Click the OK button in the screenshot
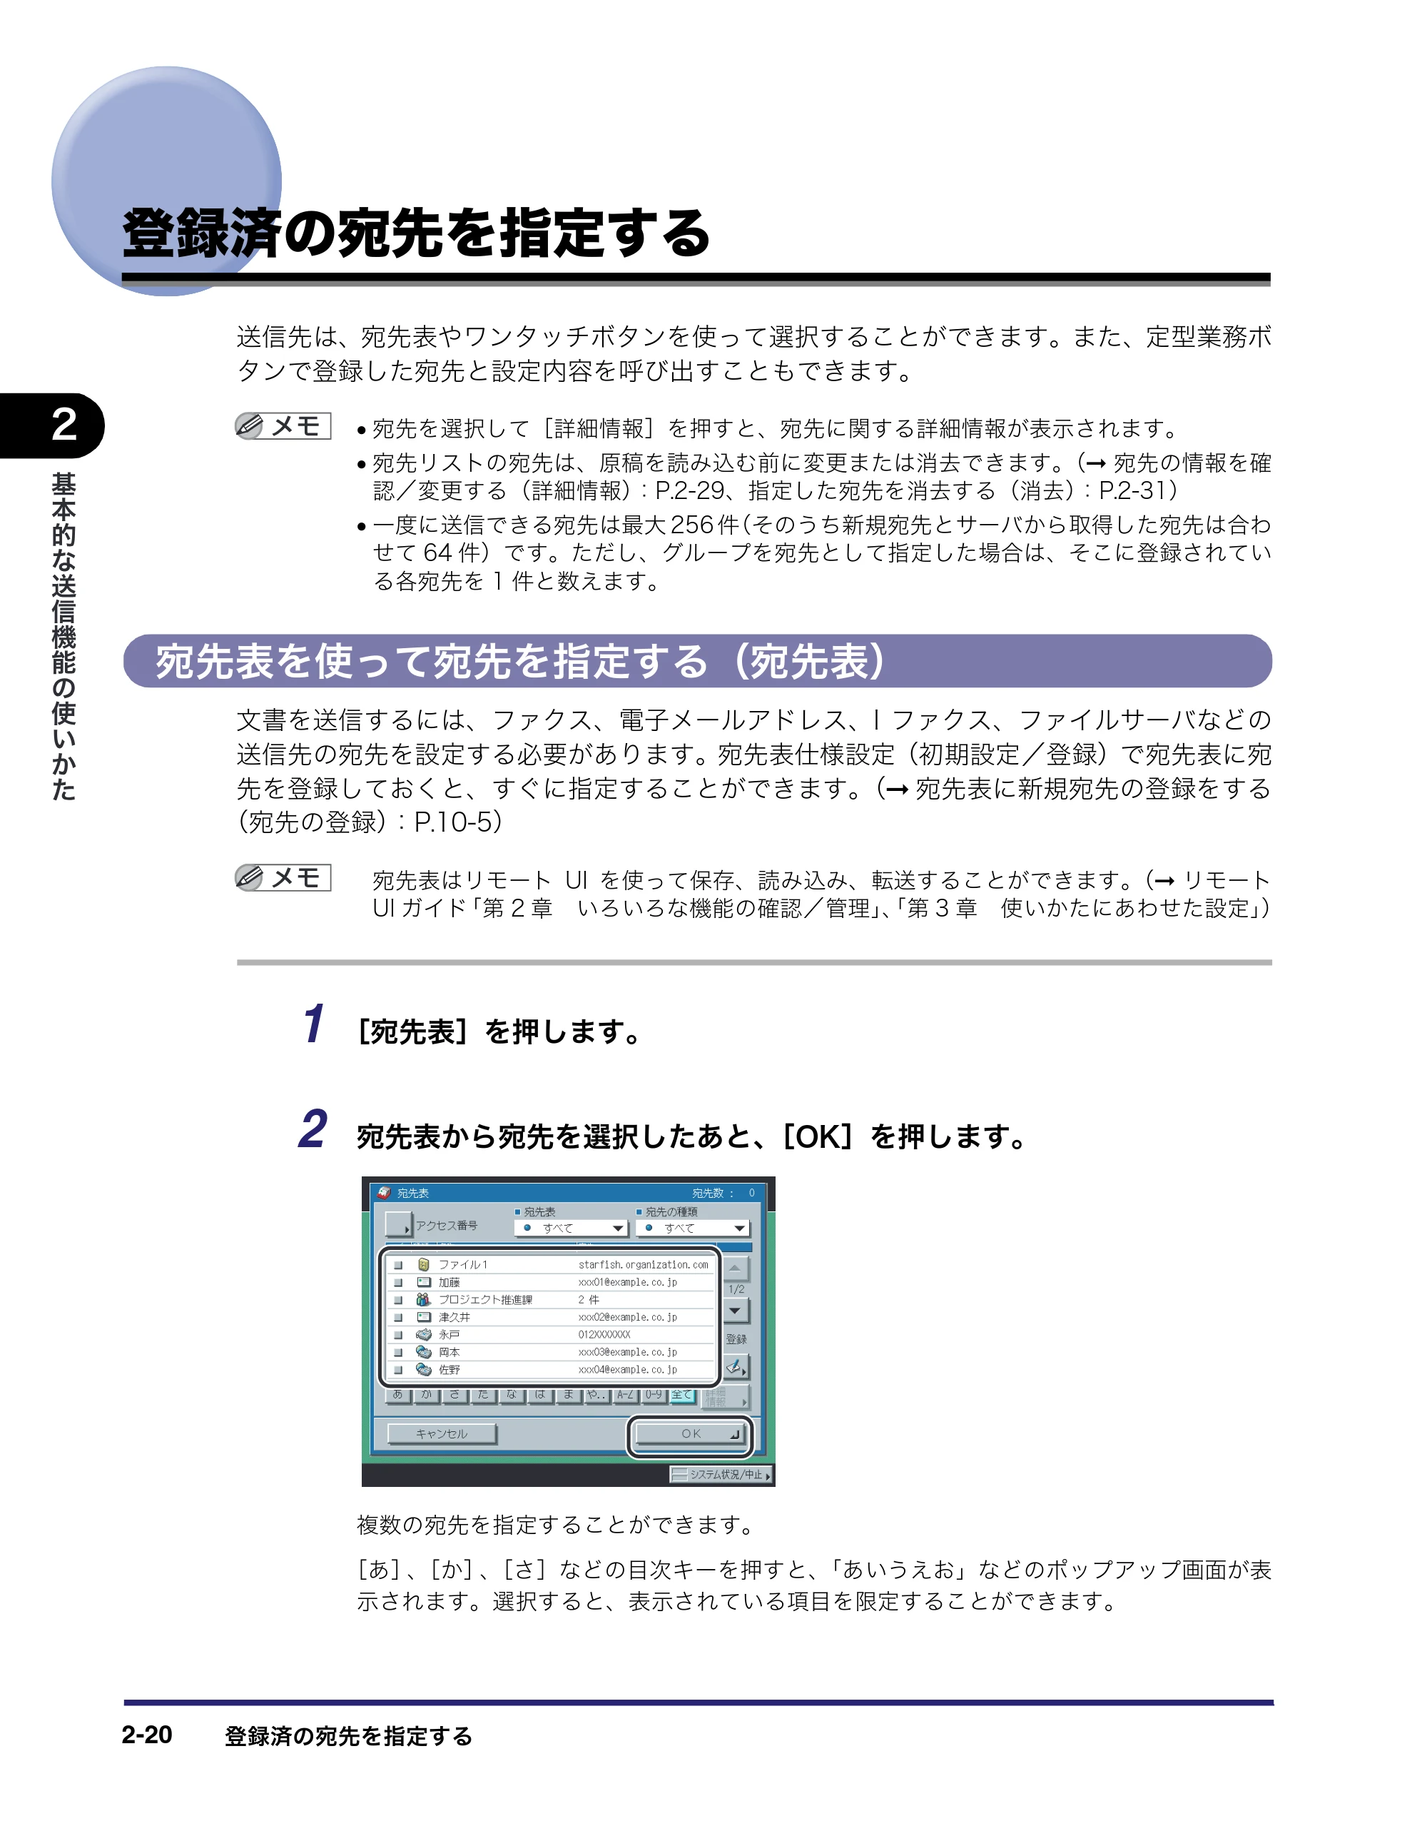(690, 1433)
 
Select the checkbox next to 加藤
(398, 1282)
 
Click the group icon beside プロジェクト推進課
(424, 1300)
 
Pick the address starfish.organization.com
(643, 1264)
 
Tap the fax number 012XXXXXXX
(604, 1334)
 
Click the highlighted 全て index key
(681, 1395)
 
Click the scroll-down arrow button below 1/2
(736, 1311)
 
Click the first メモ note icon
(283, 426)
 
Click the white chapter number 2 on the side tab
(64, 425)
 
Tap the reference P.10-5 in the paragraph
(454, 822)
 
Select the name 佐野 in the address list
(450, 1369)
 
